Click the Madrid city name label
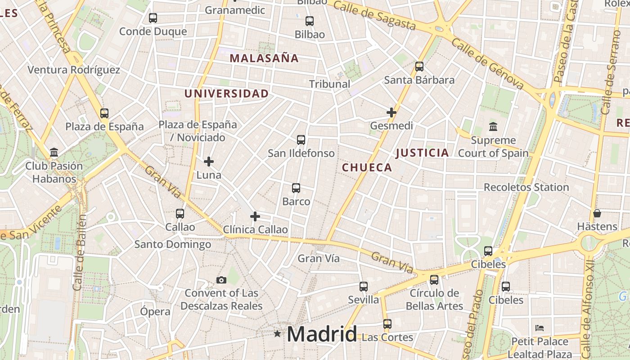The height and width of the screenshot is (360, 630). [322, 334]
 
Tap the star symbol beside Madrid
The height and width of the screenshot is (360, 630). [277, 334]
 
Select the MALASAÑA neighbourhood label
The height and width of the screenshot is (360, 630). [264, 58]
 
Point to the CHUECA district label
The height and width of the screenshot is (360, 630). [367, 168]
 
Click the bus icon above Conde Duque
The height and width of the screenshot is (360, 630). [153, 18]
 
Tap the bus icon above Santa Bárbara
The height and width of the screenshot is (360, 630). [419, 67]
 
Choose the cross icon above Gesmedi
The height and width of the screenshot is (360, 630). [391, 112]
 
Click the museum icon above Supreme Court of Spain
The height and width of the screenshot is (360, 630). [493, 127]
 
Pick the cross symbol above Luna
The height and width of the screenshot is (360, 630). [209, 161]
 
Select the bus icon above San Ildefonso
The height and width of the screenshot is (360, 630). [301, 140]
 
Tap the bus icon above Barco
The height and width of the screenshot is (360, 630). [296, 188]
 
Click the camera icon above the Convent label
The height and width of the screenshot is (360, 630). [221, 280]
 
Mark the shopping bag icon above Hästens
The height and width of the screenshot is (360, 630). [597, 213]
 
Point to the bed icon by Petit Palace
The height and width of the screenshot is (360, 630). [540, 328]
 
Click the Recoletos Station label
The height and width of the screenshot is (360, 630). [526, 187]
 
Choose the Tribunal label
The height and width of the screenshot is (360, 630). [329, 84]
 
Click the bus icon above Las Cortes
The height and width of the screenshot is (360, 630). [387, 324]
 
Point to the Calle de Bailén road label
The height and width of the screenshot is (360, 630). [79, 252]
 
